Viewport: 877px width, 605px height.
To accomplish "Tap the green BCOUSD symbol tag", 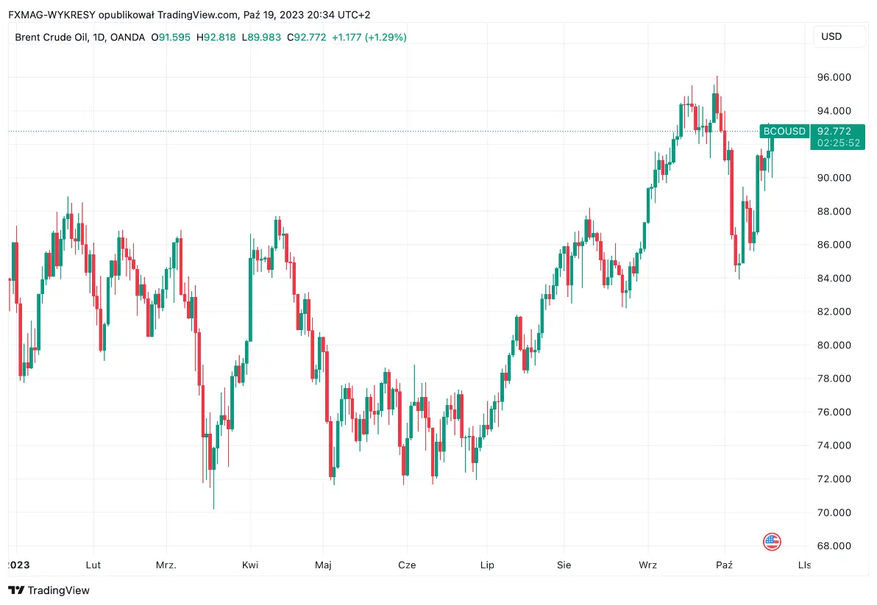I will point(784,131).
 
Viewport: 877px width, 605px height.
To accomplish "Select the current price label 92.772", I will point(838,131).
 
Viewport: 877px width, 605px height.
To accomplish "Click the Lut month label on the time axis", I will point(93,565).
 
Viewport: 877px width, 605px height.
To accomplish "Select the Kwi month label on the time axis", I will point(250,565).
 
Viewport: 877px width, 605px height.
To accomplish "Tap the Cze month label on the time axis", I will point(407,565).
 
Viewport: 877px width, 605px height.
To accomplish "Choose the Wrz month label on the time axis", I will point(647,565).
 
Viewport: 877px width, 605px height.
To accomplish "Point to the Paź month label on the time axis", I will point(725,565).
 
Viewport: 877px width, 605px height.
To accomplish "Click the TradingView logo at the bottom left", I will point(49,590).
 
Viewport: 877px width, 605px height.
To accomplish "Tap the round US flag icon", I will point(772,543).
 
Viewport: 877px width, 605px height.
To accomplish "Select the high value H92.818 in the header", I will point(216,37).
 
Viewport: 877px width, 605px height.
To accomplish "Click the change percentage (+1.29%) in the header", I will point(380,37).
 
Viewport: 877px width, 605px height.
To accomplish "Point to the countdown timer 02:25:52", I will point(838,143).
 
